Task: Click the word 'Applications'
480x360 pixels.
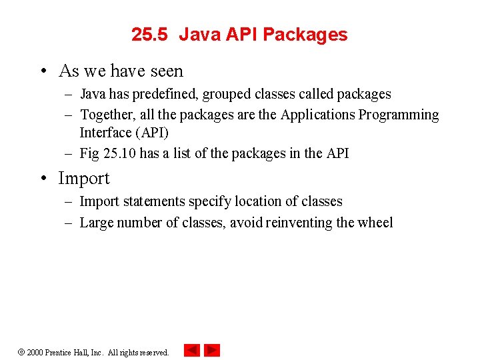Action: tap(317, 115)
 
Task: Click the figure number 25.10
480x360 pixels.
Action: tap(119, 153)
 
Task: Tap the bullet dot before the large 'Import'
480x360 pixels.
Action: tap(43, 179)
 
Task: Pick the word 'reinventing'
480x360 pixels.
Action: tap(299, 223)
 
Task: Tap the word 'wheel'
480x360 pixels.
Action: tap(374, 223)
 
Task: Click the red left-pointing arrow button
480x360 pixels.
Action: tap(191, 350)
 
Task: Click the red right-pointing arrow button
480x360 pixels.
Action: tap(212, 350)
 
